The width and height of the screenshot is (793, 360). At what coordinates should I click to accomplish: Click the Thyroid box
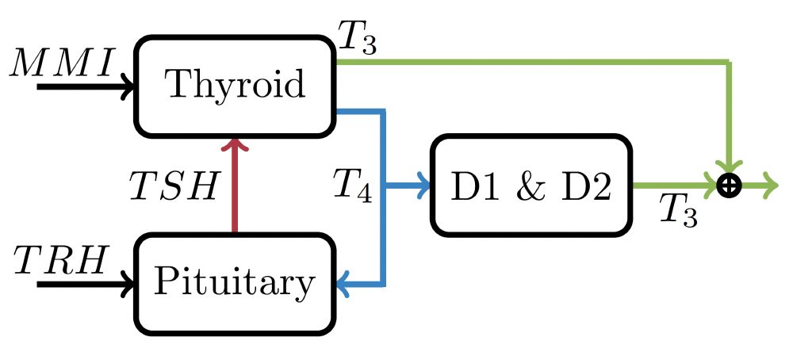tap(234, 86)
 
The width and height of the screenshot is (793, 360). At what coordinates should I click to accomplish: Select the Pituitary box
tap(234, 282)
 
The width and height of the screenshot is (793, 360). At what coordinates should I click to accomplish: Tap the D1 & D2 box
tap(531, 186)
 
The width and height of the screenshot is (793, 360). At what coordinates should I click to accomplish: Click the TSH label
tap(174, 187)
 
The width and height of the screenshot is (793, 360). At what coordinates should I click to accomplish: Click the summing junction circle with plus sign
tap(728, 186)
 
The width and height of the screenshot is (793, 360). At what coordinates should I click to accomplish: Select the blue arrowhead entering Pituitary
tap(344, 283)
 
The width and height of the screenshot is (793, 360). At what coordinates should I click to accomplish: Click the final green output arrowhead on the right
tap(772, 186)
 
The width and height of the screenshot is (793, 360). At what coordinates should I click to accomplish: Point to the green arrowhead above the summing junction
tap(728, 169)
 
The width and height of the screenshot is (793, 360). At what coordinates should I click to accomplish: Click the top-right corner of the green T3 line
tap(728, 62)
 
